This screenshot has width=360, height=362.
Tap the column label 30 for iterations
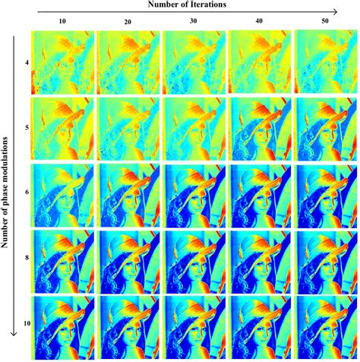[190, 20]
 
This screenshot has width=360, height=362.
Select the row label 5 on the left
[26, 127]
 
